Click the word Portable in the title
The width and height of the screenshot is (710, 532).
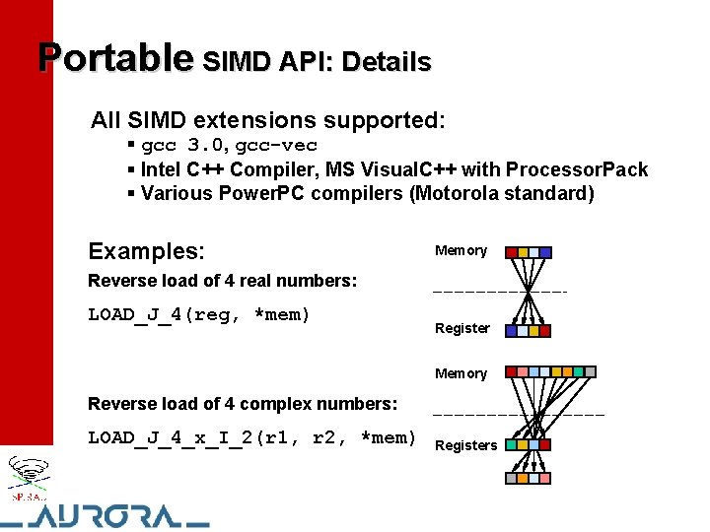pos(114,58)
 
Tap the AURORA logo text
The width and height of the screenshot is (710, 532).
pos(108,515)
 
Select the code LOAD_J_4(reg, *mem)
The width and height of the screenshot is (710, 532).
pos(199,315)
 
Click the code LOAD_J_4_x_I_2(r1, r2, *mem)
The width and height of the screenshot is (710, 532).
pos(252,437)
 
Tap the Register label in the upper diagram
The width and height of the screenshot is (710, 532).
pos(461,328)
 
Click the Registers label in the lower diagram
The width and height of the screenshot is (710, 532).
pos(465,445)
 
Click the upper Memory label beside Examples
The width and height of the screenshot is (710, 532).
pos(461,250)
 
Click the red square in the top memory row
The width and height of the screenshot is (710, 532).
pos(511,252)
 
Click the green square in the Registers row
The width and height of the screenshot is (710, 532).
pos(511,445)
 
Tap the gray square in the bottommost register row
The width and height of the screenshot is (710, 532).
pos(512,478)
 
